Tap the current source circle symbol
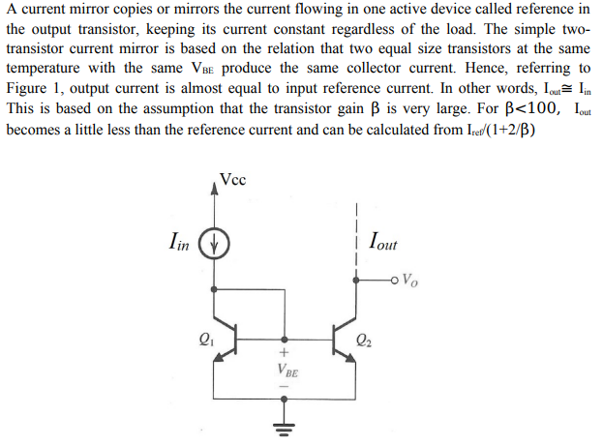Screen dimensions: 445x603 215,243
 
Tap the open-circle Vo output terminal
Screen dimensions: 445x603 396,282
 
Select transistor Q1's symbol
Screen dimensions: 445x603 220,339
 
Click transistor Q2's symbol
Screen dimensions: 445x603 347,339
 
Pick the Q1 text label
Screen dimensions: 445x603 203,339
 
